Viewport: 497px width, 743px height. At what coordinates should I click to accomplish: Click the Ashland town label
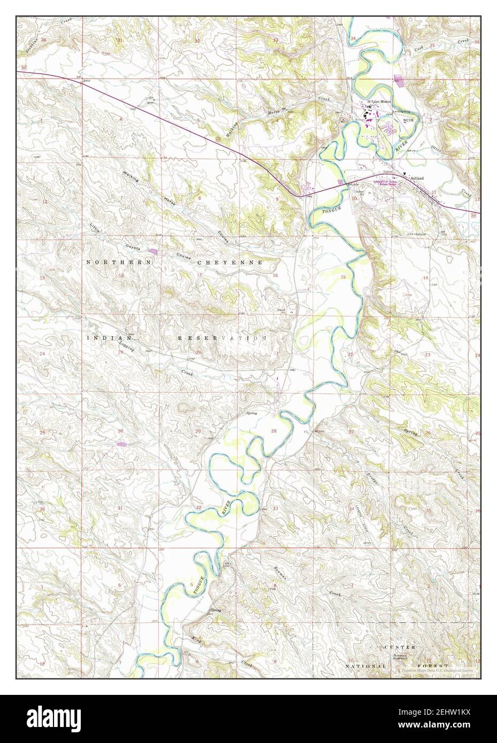coord(417,178)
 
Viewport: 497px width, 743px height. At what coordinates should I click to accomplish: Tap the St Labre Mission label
coord(379,102)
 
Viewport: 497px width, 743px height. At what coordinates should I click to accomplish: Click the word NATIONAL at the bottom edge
coord(365,667)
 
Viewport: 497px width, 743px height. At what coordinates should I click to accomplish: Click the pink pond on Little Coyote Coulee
coord(153,250)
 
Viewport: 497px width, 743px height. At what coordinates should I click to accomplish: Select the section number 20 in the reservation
coord(183,352)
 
